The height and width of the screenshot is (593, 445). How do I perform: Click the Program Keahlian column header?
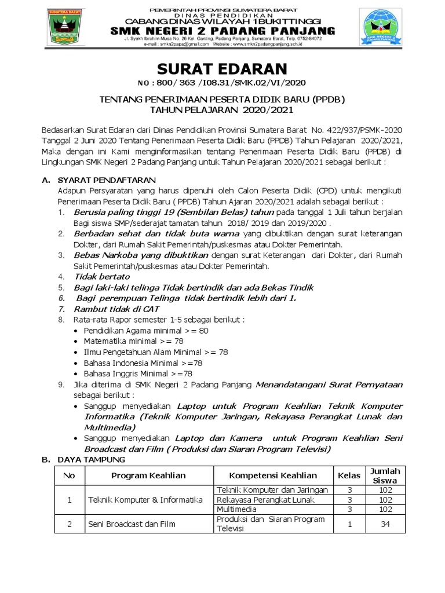[x=148, y=475]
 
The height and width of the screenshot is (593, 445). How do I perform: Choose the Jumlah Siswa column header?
[x=385, y=475]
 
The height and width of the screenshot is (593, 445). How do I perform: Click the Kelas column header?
[x=349, y=475]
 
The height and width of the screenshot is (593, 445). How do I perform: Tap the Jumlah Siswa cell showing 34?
[x=385, y=524]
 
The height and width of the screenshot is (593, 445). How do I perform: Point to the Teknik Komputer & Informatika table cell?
[x=144, y=499]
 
